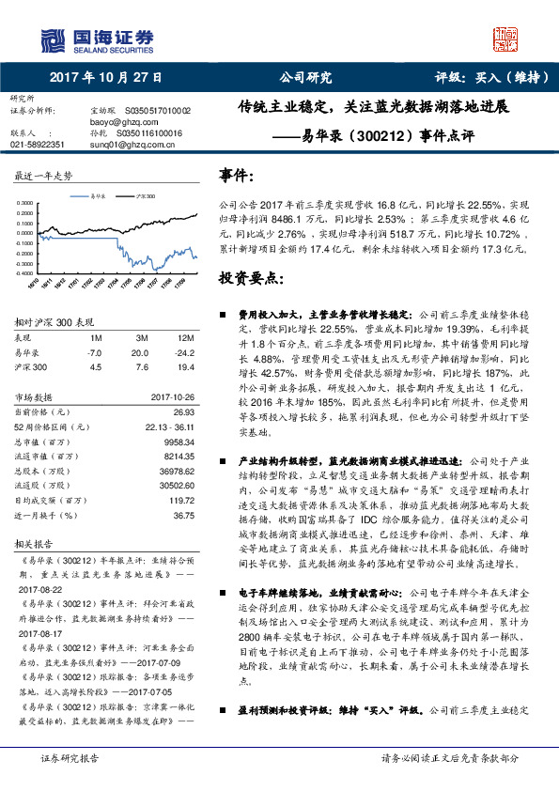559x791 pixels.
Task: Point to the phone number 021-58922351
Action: point(38,145)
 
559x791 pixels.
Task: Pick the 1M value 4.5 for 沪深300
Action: point(94,366)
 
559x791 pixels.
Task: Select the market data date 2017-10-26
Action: point(171,396)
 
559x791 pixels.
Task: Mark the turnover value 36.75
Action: point(183,515)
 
